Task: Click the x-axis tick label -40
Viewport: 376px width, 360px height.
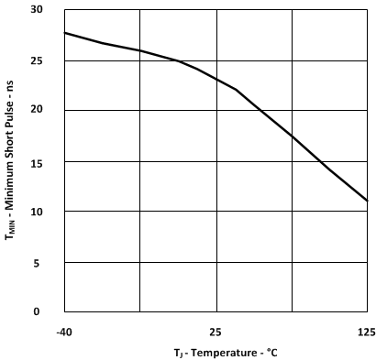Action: (64, 331)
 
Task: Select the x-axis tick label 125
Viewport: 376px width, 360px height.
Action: (367, 331)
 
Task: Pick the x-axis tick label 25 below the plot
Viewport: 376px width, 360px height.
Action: (216, 331)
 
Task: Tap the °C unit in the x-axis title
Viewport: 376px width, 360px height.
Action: (271, 353)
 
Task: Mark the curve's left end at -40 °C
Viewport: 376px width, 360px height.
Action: (65, 33)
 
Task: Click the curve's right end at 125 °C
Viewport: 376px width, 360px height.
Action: (367, 200)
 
